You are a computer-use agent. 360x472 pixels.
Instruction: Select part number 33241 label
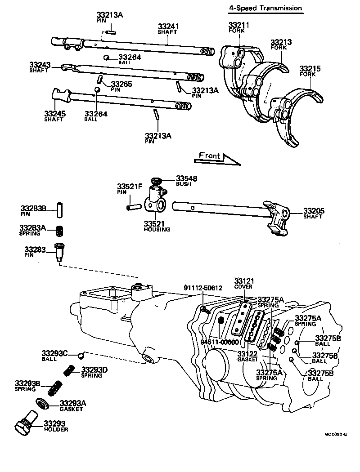pos(168,27)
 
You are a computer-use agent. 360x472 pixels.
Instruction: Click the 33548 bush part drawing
pos(157,182)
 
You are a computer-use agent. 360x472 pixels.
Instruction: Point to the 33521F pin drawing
pos(134,208)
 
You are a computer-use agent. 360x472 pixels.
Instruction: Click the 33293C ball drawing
pos(81,356)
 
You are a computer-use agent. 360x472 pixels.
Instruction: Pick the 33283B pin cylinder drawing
pos(58,210)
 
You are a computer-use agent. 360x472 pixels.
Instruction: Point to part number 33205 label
pos(314,210)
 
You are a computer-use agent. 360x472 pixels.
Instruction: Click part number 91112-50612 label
pos(202,288)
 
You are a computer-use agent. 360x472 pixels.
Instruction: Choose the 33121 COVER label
pos(243,283)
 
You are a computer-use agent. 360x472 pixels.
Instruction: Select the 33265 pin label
pos(121,84)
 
